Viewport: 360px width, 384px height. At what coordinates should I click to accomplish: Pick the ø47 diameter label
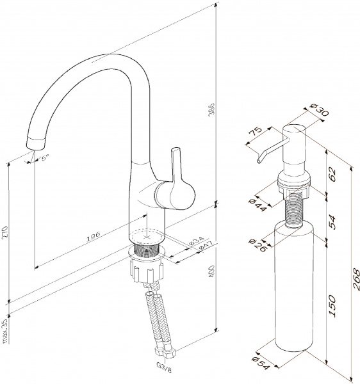tap(204, 245)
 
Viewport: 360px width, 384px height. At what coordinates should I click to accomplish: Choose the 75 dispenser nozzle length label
tap(255, 131)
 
